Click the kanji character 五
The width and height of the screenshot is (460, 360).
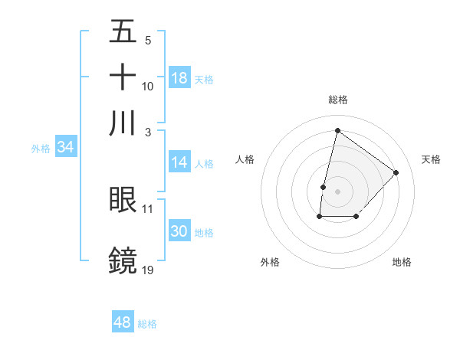click(123, 31)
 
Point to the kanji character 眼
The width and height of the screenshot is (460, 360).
click(123, 199)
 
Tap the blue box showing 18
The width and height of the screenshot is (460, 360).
click(179, 78)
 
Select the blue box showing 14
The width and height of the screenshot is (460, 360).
click(179, 162)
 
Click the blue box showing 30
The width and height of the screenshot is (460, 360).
click(179, 231)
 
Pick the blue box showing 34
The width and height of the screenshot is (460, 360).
click(65, 147)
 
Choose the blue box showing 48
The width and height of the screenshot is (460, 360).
click(123, 322)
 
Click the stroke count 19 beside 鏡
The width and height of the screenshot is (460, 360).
click(147, 270)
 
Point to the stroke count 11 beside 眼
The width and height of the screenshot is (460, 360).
click(147, 208)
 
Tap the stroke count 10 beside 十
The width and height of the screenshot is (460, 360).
click(147, 86)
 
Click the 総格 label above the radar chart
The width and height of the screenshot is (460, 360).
click(337, 100)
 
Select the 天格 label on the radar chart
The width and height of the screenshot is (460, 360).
click(431, 159)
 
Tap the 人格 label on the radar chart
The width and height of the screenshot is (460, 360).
click(245, 159)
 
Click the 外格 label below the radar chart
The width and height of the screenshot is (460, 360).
click(270, 262)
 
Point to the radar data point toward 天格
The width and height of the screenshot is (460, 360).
click(396, 172)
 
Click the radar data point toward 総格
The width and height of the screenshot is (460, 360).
click(337, 130)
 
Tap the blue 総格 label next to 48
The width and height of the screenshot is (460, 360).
click(147, 324)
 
